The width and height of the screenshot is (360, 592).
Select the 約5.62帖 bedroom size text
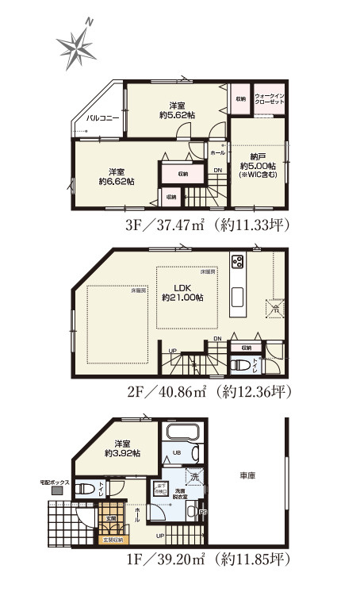[177, 114]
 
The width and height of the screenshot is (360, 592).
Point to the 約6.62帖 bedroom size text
[117, 181]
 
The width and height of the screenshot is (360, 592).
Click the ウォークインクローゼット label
[270, 99]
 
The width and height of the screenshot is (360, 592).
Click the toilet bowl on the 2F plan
[241, 366]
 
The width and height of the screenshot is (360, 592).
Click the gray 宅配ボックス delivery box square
[57, 492]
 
